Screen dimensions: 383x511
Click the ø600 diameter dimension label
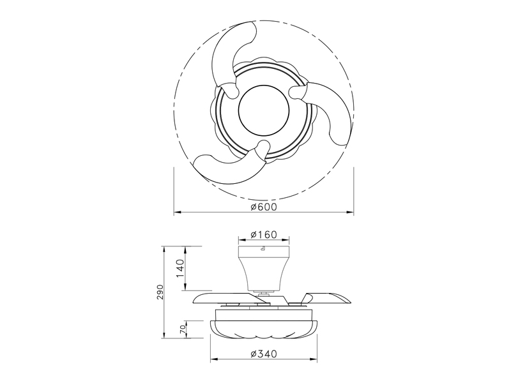pos(263,207)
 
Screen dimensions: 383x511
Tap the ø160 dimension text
pos(263,235)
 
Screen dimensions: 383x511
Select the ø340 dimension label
pos(263,353)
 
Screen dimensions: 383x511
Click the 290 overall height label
pos(161,292)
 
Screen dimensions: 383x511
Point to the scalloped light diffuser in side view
pos(263,329)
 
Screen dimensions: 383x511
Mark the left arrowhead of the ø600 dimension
pos(178,212)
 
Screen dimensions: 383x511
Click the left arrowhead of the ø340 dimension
pos(213,357)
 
